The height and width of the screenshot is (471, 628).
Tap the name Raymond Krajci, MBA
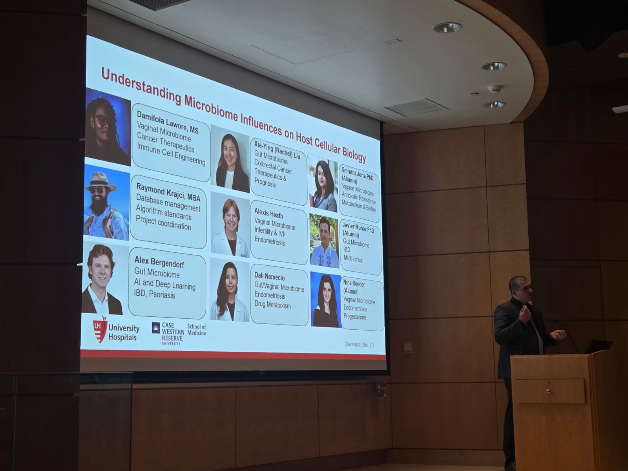tap(168, 192)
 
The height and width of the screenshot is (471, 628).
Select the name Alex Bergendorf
tap(159, 262)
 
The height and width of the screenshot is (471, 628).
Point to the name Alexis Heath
tap(268, 214)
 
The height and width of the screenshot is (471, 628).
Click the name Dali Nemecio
tap(270, 277)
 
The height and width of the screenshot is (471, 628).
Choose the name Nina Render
tap(354, 284)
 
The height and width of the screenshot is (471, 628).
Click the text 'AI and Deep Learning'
tap(164, 285)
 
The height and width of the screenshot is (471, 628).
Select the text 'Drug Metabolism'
tap(273, 305)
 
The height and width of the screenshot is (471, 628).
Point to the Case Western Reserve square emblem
tap(156, 328)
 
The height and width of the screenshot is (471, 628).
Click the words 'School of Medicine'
tap(197, 329)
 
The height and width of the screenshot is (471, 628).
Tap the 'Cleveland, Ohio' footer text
tap(356, 345)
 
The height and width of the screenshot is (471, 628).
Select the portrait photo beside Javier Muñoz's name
tap(324, 241)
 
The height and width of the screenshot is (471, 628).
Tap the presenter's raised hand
tap(525, 314)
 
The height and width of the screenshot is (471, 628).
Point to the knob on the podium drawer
tap(548, 391)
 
